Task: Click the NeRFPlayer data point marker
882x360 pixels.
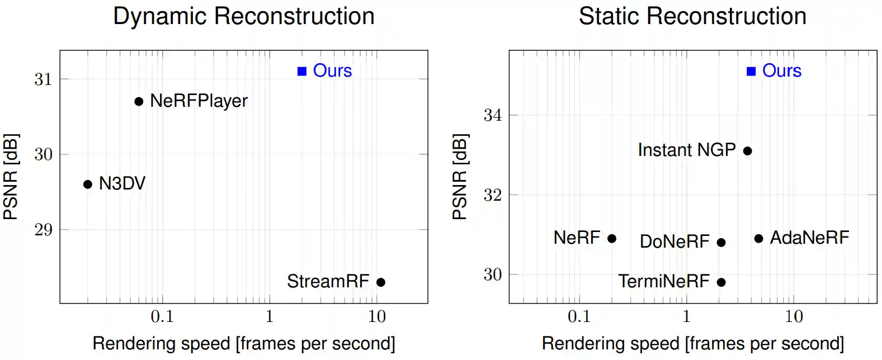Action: (x=139, y=101)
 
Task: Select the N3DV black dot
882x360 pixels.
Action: (x=88, y=184)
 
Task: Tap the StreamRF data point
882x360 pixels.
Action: (x=381, y=282)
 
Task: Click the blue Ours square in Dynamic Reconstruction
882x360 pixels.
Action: (x=302, y=71)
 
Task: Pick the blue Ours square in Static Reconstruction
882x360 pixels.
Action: (x=751, y=71)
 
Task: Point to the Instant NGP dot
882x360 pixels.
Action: (x=747, y=150)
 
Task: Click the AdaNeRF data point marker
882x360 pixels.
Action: (x=758, y=239)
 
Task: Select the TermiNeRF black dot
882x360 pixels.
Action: (x=721, y=282)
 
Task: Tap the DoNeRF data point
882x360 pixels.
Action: (x=721, y=243)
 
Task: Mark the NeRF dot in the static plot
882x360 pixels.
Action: (x=612, y=239)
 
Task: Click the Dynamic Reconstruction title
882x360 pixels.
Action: (x=244, y=16)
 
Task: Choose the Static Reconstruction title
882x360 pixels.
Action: (x=692, y=16)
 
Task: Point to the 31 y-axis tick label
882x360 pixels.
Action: (x=43, y=79)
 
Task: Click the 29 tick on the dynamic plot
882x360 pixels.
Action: (x=43, y=230)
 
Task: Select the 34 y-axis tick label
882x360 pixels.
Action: (x=492, y=115)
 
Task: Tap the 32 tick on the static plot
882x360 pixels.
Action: (x=492, y=195)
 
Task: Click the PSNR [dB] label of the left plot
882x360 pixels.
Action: (x=11, y=177)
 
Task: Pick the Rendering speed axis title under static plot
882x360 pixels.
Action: (x=692, y=343)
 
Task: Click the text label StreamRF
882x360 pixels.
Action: (x=328, y=281)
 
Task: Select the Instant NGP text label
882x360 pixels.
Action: (x=686, y=150)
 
